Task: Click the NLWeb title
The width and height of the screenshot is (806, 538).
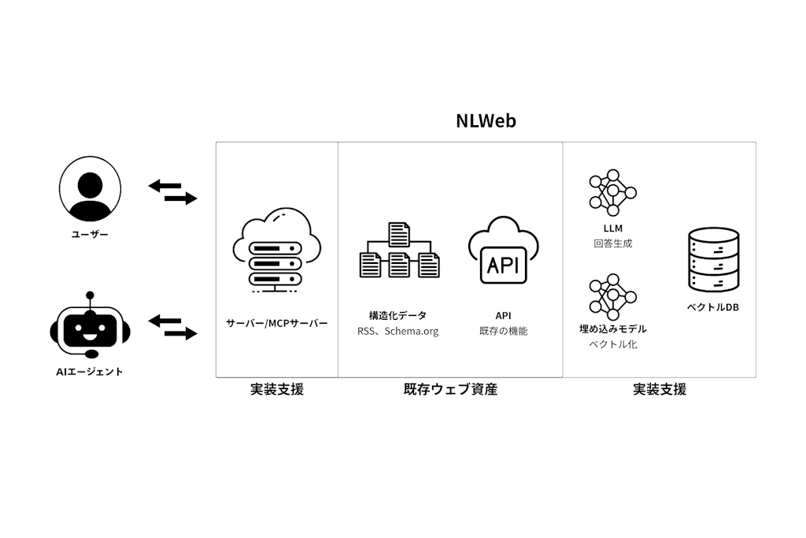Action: tap(486, 121)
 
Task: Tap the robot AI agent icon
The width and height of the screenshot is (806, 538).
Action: tap(90, 327)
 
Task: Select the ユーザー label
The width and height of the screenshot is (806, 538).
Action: tap(90, 234)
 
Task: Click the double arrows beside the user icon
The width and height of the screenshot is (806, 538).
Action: tap(172, 192)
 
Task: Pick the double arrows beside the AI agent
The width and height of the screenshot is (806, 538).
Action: tap(172, 327)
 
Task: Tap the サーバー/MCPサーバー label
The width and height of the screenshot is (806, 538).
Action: tap(276, 323)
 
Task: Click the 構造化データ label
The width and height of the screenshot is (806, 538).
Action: tap(397, 315)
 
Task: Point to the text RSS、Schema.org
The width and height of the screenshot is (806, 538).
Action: tap(397, 332)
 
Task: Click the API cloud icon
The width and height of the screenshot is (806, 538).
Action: tap(504, 250)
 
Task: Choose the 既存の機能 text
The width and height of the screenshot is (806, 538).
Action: tap(504, 332)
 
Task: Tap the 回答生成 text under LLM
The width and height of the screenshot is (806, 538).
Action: tap(612, 244)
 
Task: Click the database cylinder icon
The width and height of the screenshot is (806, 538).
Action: tap(713, 261)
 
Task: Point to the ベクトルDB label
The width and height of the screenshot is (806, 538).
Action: tap(713, 307)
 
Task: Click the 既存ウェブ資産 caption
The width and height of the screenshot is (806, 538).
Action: tap(450, 389)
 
